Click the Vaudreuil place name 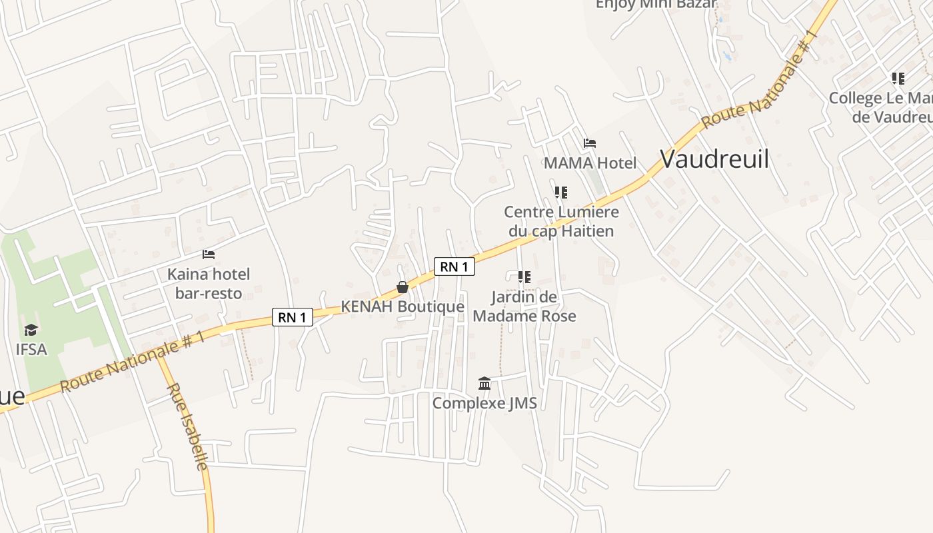point(714,160)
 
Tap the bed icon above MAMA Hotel point(589,143)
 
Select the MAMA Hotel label point(590,163)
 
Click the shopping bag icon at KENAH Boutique point(403,287)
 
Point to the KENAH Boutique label point(403,306)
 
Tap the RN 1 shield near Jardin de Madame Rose point(455,266)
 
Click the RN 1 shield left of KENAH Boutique point(293,317)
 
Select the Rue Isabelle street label point(188,426)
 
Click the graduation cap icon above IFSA point(31,330)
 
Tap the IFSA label point(31,348)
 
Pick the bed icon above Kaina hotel point(209,255)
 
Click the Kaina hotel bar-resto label point(209,283)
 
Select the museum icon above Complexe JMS point(484,384)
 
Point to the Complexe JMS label point(484,403)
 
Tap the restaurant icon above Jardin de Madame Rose point(524,276)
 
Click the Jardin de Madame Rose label point(524,306)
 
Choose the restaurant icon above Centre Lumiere point(561,193)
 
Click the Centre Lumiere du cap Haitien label point(561,221)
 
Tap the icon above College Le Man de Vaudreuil point(898,79)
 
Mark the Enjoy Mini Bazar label point(656,4)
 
